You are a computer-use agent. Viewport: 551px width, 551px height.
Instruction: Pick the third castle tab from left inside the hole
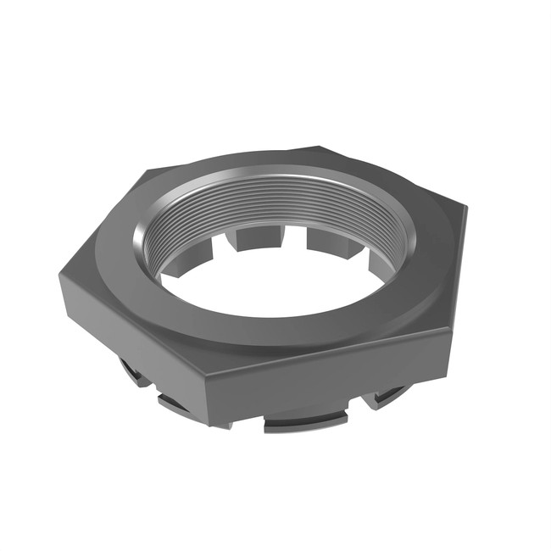pyautogui.click(x=331, y=241)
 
